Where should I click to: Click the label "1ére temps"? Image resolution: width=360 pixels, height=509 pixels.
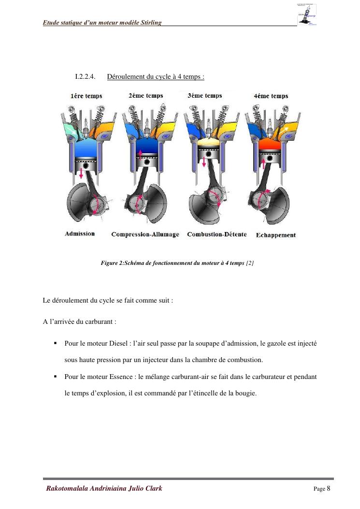86,96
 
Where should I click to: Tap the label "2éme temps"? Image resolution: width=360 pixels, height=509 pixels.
145,96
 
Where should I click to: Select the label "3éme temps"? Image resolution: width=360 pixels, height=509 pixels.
204,96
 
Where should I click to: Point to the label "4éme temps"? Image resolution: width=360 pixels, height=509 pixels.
271,96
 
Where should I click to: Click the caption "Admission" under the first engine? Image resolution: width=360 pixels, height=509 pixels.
80,234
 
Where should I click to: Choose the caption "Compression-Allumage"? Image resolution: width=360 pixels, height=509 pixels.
145,234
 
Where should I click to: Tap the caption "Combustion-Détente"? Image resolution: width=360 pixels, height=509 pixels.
216,234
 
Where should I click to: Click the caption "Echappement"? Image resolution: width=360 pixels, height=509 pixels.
275,235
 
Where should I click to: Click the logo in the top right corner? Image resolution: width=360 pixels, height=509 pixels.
307,15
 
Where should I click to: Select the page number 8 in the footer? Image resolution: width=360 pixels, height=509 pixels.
329,488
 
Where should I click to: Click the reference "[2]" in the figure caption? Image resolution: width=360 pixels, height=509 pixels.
250,263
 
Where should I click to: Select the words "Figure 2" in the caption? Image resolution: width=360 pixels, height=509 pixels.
112,263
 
